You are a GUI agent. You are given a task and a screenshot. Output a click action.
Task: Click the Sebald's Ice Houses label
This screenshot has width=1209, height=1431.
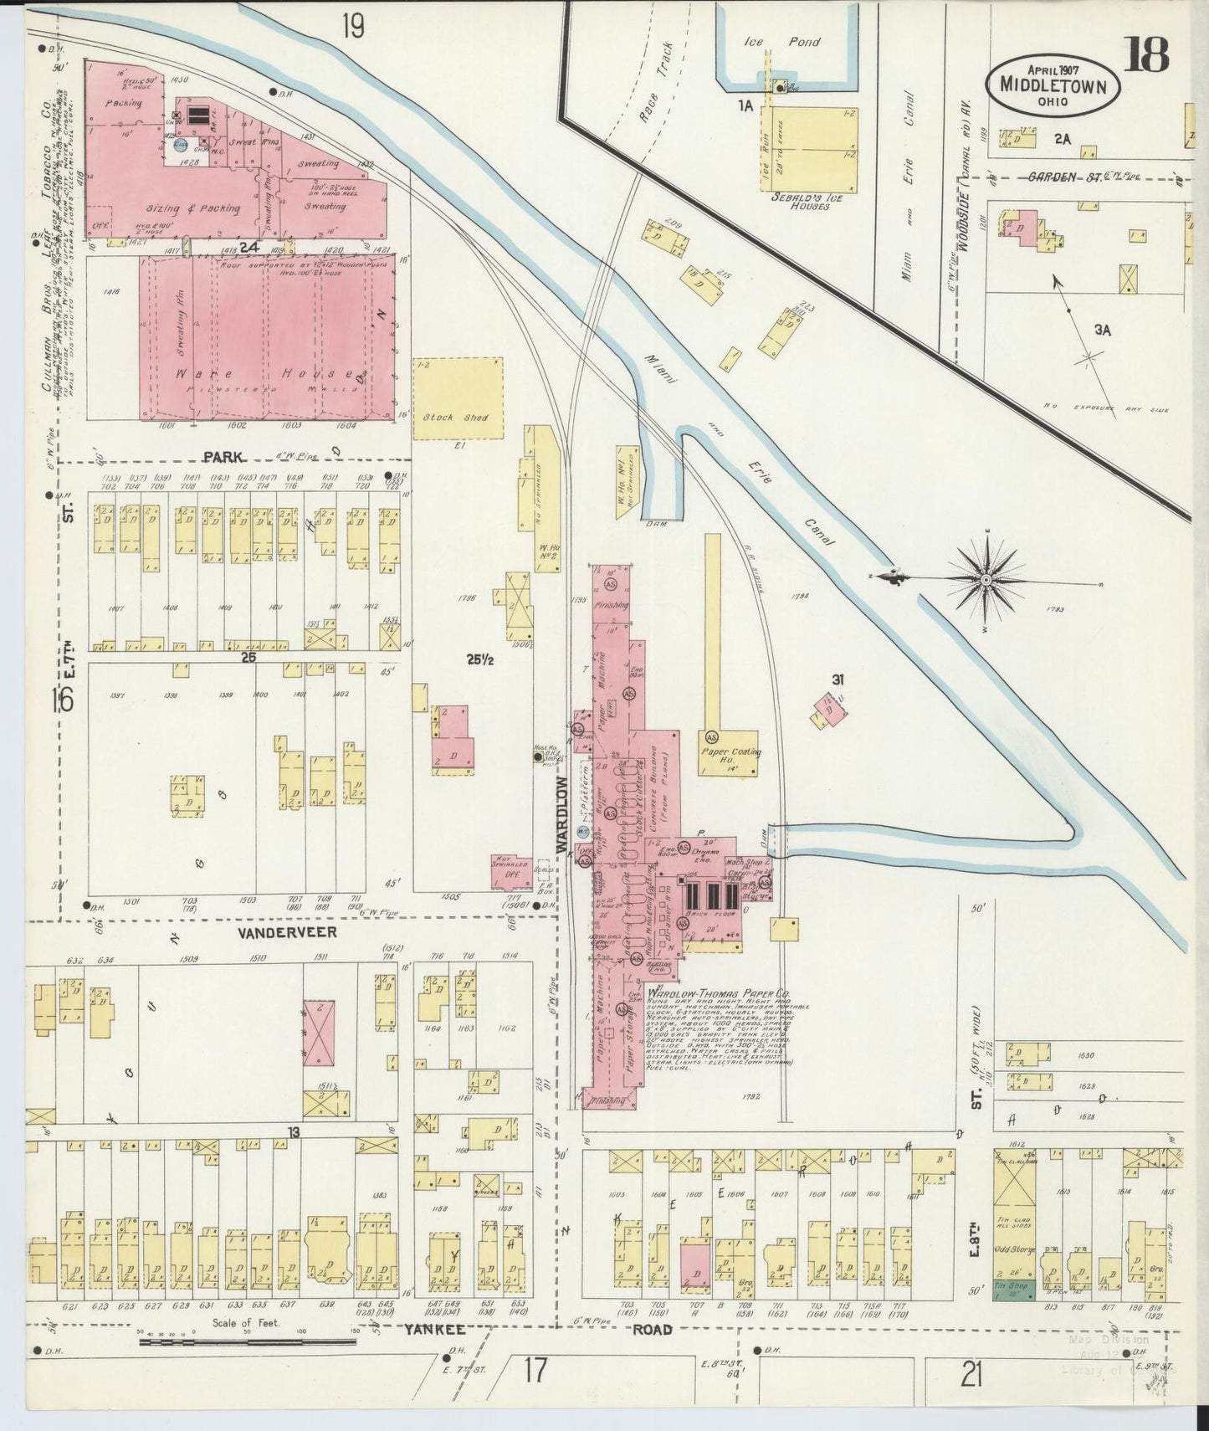click(802, 202)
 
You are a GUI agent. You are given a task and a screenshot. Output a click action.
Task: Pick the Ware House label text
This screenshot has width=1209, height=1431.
click(265, 372)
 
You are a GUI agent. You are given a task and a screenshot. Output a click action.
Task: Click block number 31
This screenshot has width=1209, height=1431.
click(837, 679)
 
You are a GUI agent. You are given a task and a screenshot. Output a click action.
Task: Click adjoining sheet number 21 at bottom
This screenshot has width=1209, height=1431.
click(971, 1374)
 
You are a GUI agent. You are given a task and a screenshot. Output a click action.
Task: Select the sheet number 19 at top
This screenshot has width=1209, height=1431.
click(352, 27)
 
